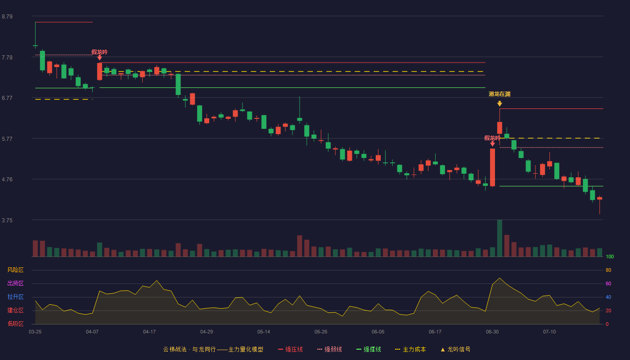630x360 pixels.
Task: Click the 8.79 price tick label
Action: (7, 17)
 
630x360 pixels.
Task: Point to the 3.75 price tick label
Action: (7, 220)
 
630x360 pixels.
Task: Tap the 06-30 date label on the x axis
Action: (492, 332)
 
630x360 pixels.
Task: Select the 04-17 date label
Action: (149, 332)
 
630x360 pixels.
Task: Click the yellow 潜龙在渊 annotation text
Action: (499, 94)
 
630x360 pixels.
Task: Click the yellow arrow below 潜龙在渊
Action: (499, 104)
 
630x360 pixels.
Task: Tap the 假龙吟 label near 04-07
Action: (99, 52)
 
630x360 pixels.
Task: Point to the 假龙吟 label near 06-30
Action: (492, 138)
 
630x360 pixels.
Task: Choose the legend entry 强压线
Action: (290, 349)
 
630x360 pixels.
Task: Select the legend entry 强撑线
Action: (369, 349)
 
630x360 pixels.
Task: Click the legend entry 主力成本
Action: (410, 349)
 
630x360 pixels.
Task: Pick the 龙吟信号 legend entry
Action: (455, 349)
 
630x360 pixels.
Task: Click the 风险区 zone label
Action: (15, 270)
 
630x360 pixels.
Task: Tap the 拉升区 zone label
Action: (15, 297)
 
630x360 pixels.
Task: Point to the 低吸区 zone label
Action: (15, 324)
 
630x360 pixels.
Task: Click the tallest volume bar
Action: (499, 238)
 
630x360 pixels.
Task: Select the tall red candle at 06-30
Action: (492, 167)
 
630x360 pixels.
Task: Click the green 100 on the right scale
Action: (610, 256)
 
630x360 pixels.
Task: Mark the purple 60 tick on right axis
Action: (608, 283)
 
